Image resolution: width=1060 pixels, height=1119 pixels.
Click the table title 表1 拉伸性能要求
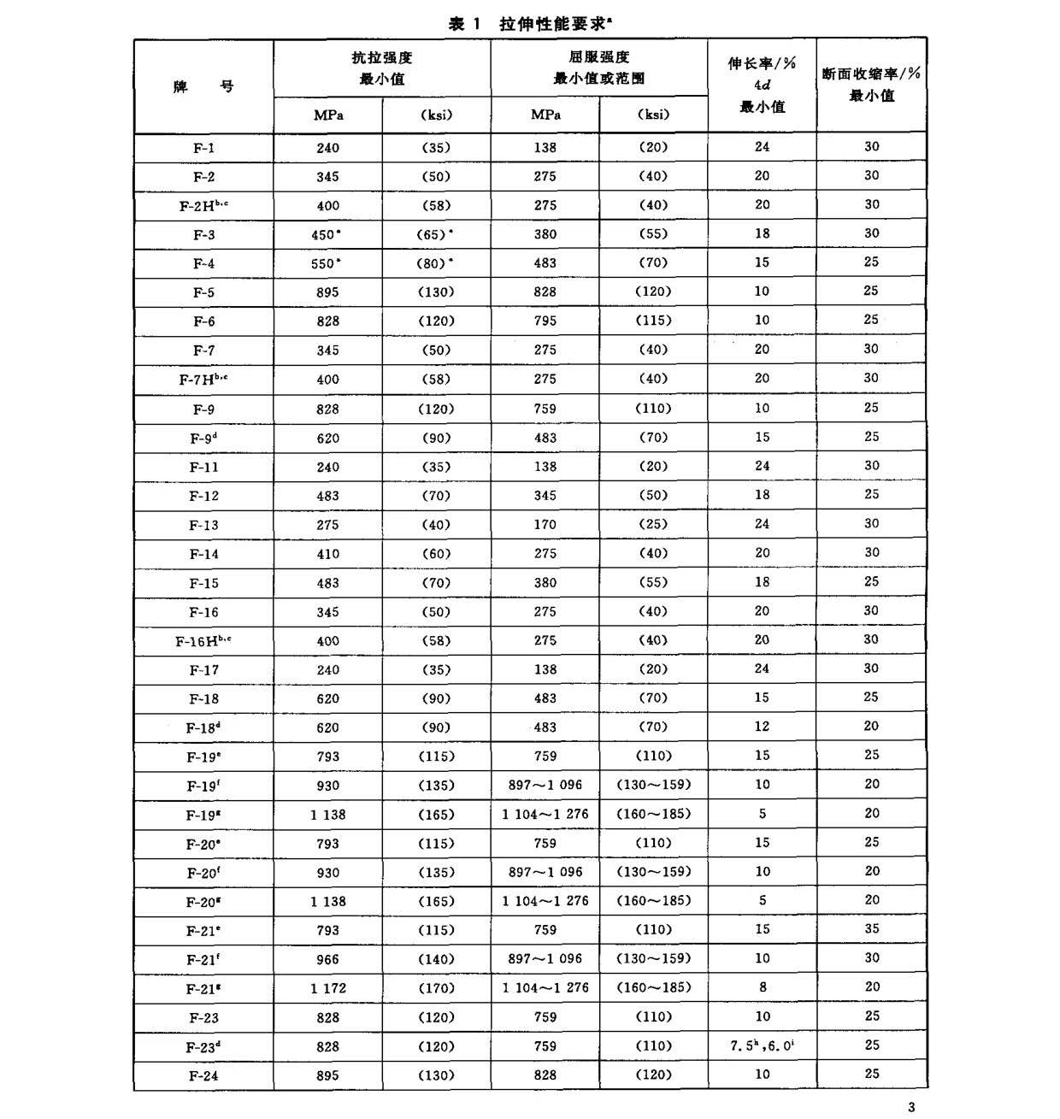point(530,23)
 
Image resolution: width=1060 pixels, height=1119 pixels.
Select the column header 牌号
point(203,86)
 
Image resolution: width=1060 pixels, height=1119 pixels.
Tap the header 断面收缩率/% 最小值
point(871,85)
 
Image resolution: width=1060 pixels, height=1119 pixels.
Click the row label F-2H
point(203,206)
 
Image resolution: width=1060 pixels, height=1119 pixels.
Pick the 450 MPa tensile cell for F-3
point(327,235)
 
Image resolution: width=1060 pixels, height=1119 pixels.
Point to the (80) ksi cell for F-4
point(436,263)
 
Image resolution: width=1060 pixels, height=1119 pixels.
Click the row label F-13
point(203,525)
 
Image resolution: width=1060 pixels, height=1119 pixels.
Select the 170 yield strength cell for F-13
point(545,525)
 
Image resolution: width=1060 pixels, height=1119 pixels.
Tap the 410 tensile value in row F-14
point(327,554)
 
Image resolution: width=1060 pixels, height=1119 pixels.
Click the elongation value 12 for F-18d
point(762,727)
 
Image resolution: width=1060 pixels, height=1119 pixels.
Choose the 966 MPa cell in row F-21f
point(327,959)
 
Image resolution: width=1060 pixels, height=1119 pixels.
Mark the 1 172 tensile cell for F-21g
point(327,988)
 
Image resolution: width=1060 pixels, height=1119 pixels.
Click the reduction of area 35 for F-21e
point(871,929)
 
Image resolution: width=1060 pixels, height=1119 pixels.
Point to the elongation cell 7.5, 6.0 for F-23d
point(762,1045)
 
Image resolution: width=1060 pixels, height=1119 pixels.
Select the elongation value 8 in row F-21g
point(762,987)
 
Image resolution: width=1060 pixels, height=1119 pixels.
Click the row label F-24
point(203,1075)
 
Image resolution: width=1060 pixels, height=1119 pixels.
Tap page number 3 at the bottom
point(911,1107)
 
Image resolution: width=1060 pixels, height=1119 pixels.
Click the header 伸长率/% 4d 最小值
point(762,85)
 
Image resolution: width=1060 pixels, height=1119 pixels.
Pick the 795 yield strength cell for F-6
point(545,321)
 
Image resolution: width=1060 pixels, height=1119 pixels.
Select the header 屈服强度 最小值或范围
point(598,68)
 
